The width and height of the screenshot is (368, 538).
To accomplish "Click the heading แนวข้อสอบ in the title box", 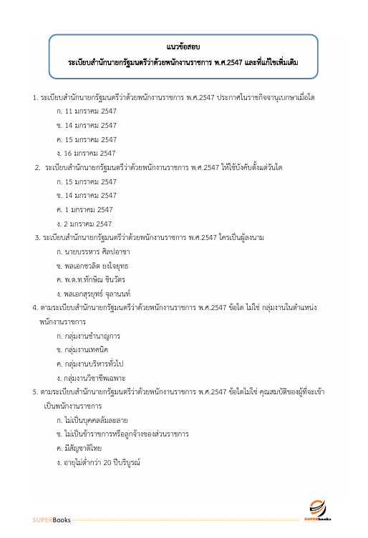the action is (184, 47).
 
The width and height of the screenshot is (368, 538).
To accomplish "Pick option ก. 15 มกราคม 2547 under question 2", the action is (90, 181).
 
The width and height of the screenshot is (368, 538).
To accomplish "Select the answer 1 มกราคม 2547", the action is (89, 209).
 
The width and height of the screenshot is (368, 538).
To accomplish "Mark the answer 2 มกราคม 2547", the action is (89, 224).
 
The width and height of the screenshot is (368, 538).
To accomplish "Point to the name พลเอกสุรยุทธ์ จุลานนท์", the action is (101, 294).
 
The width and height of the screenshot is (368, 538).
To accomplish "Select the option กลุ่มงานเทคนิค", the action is (90, 349).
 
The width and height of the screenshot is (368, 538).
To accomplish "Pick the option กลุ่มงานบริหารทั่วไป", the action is (97, 363).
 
